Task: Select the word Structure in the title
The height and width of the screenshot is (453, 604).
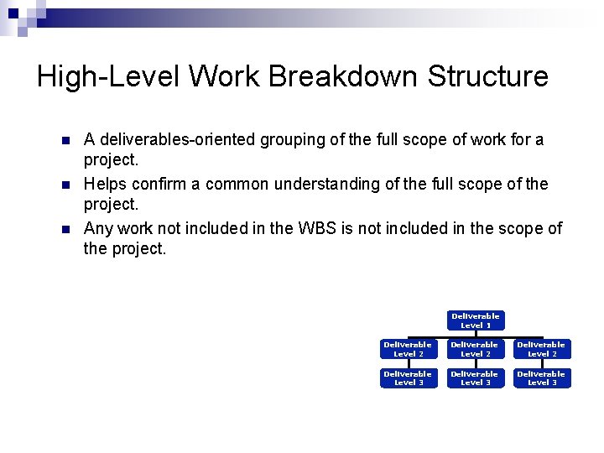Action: click(x=487, y=76)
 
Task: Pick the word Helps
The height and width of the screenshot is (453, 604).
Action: click(x=105, y=184)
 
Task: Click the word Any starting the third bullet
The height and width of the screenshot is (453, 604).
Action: click(x=98, y=228)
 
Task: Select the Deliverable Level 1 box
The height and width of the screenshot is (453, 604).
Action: click(x=476, y=320)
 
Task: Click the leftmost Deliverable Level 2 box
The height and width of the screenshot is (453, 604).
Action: click(x=408, y=349)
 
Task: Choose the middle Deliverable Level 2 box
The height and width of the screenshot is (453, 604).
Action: click(x=476, y=349)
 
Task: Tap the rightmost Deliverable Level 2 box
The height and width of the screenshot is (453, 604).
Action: click(x=542, y=349)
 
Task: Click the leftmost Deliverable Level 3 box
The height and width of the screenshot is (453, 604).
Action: click(x=408, y=378)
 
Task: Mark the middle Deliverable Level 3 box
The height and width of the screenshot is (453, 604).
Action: click(x=476, y=378)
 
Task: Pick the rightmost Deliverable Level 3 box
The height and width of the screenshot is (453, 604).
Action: click(x=542, y=378)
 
